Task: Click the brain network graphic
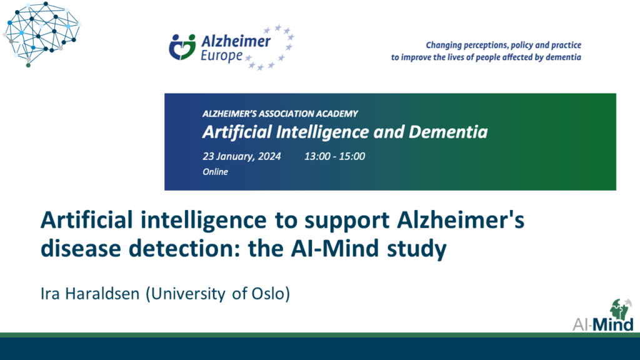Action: click(x=41, y=34)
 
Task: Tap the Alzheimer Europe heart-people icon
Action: click(x=182, y=47)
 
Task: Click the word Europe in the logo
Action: click(x=222, y=56)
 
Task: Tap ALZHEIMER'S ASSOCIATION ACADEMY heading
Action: click(x=280, y=114)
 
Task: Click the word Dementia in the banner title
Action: click(x=448, y=132)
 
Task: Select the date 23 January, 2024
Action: click(x=242, y=156)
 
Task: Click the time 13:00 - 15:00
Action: click(x=335, y=156)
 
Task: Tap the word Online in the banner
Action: click(x=215, y=172)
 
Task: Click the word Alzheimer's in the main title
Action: click(x=461, y=220)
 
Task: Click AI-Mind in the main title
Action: click(x=335, y=249)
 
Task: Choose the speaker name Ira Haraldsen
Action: click(x=90, y=294)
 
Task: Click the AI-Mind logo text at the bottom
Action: click(x=603, y=325)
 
